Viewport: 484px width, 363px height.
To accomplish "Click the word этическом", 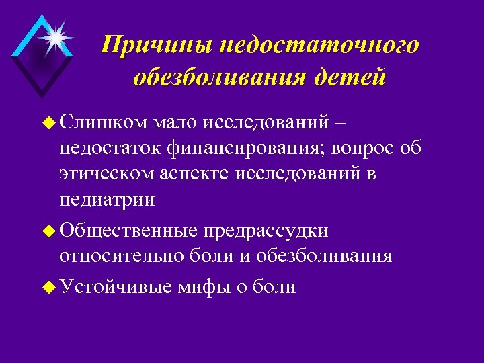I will [x=108, y=174].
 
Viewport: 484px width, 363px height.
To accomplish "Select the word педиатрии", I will [x=107, y=200].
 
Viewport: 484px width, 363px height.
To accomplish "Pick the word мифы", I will [x=204, y=287].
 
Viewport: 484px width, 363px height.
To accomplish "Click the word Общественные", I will [x=128, y=231].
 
